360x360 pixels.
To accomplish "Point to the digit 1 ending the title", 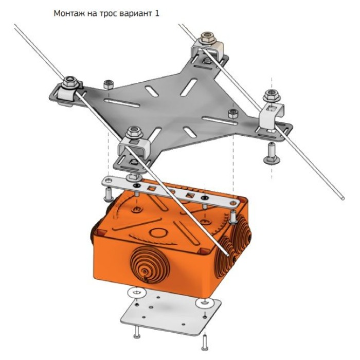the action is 157,13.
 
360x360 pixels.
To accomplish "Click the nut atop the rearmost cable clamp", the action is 207,38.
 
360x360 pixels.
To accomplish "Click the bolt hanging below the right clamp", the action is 272,153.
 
